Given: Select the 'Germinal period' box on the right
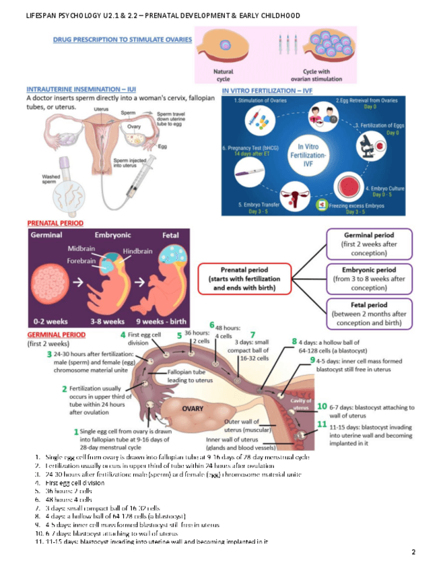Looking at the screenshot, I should [369, 244].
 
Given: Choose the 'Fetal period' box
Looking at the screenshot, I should [369, 314].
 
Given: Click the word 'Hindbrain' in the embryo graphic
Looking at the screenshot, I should [138, 250].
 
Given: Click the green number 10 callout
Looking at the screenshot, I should [323, 407].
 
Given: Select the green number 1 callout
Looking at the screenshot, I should [75, 431].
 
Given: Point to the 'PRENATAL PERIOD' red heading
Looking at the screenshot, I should [55, 223].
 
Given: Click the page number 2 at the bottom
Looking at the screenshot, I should [413, 552].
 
